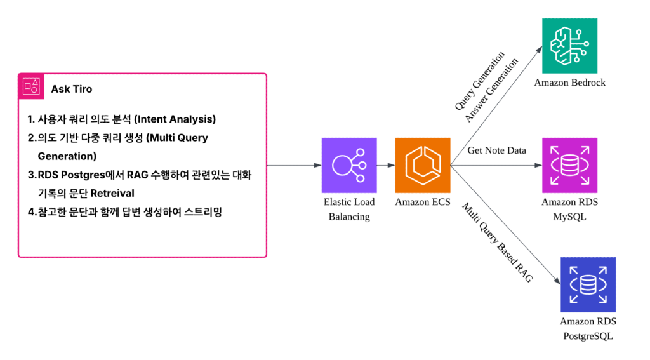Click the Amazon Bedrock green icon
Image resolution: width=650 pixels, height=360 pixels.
click(x=569, y=46)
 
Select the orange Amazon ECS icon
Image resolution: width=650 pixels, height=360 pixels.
click(x=423, y=165)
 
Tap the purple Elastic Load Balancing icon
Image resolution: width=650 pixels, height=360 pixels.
click(x=348, y=165)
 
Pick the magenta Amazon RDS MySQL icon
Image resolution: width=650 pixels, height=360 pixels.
click(x=569, y=165)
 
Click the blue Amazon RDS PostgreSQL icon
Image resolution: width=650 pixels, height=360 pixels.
click(x=588, y=284)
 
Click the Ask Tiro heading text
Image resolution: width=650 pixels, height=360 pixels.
click(x=71, y=89)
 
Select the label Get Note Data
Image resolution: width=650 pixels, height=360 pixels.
click(x=496, y=150)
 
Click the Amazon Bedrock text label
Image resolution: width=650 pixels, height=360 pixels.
click(x=569, y=83)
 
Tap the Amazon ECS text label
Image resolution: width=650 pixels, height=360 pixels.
click(x=423, y=202)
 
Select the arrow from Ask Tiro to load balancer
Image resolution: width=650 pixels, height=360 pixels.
click(x=292, y=166)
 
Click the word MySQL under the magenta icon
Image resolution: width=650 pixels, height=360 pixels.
click(x=569, y=217)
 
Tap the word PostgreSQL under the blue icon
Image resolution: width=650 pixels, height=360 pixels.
click(x=588, y=336)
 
